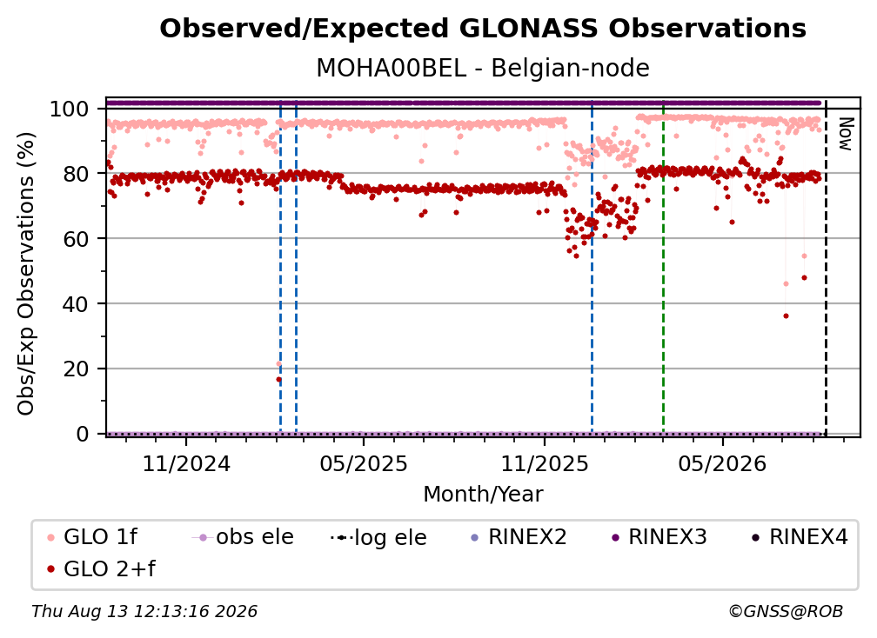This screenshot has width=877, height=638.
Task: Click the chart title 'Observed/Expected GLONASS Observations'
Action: [x=483, y=29]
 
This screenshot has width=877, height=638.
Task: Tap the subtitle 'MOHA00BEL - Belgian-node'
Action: [x=483, y=68]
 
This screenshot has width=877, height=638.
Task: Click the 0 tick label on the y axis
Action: [x=82, y=434]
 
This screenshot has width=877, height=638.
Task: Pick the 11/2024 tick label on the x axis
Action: [x=186, y=463]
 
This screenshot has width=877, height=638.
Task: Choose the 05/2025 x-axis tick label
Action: [x=364, y=463]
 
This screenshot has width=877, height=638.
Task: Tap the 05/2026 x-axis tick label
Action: [x=722, y=463]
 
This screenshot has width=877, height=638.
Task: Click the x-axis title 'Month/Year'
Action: [x=483, y=494]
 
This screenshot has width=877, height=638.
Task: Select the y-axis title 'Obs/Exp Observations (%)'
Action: [x=26, y=274]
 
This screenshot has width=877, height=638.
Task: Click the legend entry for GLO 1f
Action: [x=93, y=537]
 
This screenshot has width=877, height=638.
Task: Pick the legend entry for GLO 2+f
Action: [x=101, y=568]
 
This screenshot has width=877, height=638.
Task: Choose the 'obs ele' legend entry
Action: [x=243, y=537]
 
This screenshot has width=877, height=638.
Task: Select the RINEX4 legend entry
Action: [x=800, y=537]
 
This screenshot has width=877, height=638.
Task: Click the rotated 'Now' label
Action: [x=845, y=134]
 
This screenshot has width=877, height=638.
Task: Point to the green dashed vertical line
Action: [x=663, y=267]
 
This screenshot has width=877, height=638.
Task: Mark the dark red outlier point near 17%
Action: [x=278, y=379]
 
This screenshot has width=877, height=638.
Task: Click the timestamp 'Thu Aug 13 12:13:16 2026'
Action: [x=144, y=611]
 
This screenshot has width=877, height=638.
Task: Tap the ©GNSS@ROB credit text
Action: [x=786, y=611]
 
